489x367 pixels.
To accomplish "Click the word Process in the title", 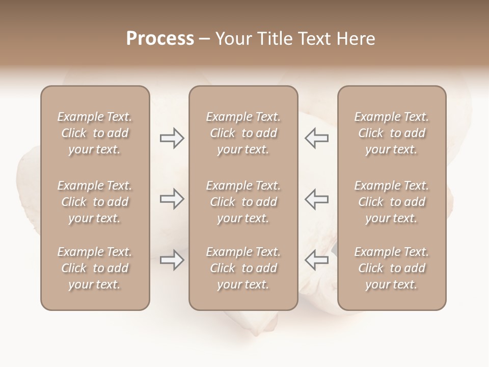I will [160, 39].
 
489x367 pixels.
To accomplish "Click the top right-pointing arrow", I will [172, 138].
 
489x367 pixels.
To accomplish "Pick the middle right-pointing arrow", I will [172, 199].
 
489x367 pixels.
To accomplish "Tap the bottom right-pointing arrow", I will [172, 260].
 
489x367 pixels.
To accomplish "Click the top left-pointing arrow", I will [316, 138].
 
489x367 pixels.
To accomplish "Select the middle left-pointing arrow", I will [316, 199].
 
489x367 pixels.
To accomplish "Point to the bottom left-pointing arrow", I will [316, 260].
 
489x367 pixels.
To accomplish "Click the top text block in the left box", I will [95, 133].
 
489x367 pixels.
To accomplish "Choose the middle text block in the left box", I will [95, 202].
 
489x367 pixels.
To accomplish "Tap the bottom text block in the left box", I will [95, 268].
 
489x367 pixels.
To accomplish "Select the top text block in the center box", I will [243, 133].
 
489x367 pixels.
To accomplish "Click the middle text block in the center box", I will [243, 202].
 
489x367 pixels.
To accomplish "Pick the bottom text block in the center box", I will [243, 268].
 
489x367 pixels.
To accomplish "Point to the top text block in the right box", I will [392, 133].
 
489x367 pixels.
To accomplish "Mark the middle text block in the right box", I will [392, 202].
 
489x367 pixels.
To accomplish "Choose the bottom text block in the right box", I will [392, 268].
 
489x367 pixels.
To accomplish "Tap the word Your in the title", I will [232, 39].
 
